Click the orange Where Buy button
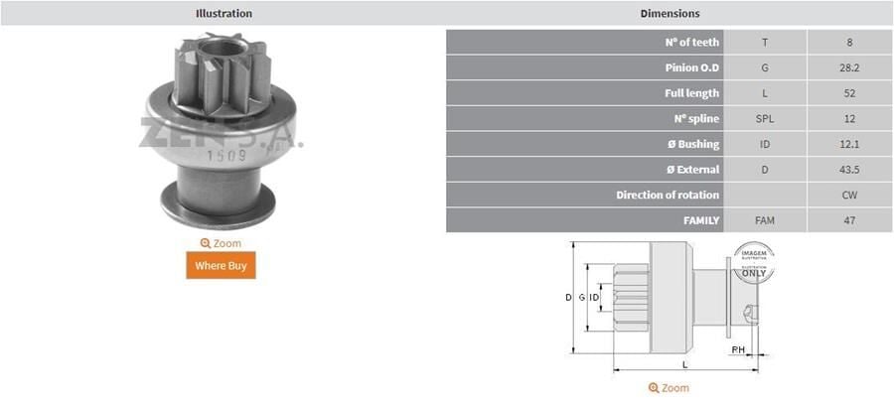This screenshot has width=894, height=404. pos(221,265)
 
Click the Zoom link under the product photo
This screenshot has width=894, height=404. pos(221,243)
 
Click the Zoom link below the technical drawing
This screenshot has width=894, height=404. pos(669,388)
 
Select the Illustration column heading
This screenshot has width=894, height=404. pos(223,13)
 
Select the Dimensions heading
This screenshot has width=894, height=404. pos(670,13)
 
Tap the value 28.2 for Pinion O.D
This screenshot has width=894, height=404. pos(849,67)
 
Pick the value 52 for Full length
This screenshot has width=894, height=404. pos(849,93)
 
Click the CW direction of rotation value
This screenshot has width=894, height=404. pos(849,195)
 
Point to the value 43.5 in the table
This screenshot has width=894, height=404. pos(849,169)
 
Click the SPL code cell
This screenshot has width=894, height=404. pos(764,118)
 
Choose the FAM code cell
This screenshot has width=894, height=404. pos(764,219)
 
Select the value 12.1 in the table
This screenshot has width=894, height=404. pos(849,144)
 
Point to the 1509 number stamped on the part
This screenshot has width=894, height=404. pos(221,155)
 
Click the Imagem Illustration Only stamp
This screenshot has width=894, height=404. pos(755,262)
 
